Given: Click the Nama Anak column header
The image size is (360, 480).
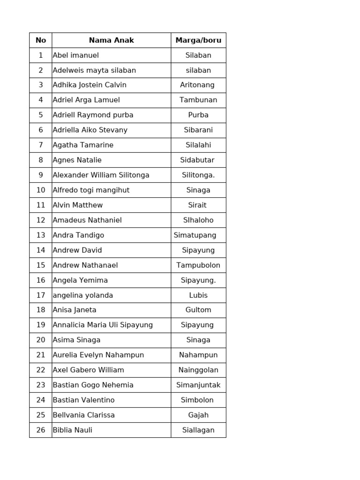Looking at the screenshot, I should (x=111, y=40).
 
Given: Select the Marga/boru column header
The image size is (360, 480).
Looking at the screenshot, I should (x=198, y=40).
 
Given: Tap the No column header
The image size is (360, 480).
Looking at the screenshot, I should (x=41, y=40).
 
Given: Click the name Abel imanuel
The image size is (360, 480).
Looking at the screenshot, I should (x=76, y=55).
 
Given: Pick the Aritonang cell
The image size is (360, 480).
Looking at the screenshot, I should (x=197, y=85).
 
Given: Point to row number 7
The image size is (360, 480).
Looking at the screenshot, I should (x=41, y=145).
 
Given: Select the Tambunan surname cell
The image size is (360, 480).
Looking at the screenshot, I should (x=198, y=100).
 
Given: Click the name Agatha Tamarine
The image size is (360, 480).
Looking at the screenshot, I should (x=83, y=145).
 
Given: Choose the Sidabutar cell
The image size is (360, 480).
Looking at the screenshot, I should (x=197, y=160).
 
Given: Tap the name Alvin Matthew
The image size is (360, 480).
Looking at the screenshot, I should (x=78, y=205).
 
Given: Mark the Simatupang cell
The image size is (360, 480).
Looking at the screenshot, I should (x=195, y=235).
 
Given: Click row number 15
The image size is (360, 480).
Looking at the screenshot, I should (x=41, y=265).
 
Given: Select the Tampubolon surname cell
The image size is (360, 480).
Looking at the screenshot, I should (x=198, y=265).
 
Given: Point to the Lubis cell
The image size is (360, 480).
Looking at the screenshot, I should (x=198, y=295).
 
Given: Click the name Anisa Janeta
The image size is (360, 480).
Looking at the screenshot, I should (x=75, y=310).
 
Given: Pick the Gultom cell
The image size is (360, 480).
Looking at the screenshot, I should (x=198, y=310).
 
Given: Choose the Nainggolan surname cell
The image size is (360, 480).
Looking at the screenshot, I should (x=198, y=370).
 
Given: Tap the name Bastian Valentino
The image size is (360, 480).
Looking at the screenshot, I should (x=83, y=400).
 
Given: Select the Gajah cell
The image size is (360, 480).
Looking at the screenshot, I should (x=198, y=415).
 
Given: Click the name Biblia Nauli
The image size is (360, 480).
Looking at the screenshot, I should (x=73, y=430).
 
